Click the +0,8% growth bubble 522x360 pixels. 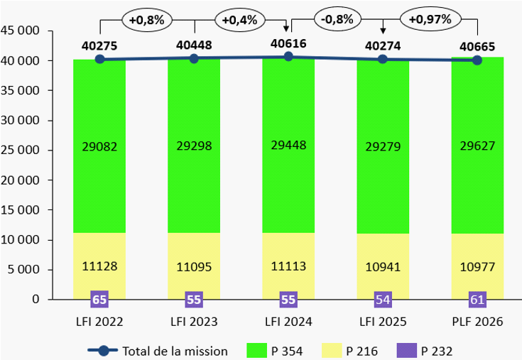pyautogui.click(x=147, y=21)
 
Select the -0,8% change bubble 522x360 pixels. pyautogui.click(x=337, y=20)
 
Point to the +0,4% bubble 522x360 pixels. pyautogui.click(x=240, y=21)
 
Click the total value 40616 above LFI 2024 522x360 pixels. pyautogui.click(x=289, y=44)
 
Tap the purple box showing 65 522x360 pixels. pyautogui.click(x=99, y=300)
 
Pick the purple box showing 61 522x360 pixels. pyautogui.click(x=477, y=300)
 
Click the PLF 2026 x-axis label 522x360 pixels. pyautogui.click(x=477, y=321)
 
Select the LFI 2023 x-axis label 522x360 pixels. pyautogui.click(x=194, y=321)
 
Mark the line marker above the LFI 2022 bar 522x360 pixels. pyautogui.click(x=99, y=59)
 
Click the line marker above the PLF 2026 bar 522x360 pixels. pyautogui.click(x=477, y=60)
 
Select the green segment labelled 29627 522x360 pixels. pyautogui.click(x=477, y=146)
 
